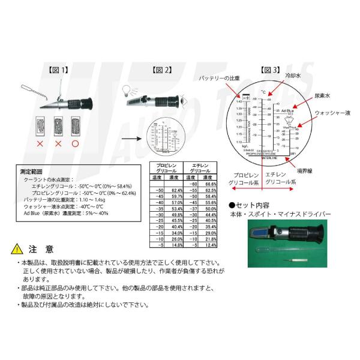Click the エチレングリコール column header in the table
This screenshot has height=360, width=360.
199,168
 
